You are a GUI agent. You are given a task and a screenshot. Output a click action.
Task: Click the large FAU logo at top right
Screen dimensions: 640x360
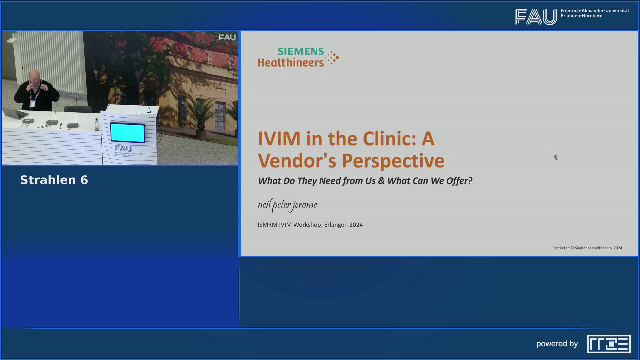(535, 17)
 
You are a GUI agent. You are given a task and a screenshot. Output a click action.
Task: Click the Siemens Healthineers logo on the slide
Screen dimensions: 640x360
(298, 57)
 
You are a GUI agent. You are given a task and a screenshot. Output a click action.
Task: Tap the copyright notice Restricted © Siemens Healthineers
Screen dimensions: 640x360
(587, 248)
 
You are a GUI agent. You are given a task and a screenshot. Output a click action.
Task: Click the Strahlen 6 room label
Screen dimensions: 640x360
(54, 180)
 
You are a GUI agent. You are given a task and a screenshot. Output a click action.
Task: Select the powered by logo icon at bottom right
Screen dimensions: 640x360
(609, 344)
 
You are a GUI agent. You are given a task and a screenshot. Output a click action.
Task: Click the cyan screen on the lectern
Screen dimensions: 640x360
(128, 132)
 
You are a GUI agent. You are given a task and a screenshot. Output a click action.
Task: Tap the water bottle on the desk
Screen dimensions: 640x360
(97, 125)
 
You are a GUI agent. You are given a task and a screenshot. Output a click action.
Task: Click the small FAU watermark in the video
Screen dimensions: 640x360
(227, 37)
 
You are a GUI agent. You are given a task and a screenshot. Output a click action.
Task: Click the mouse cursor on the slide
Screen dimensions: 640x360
(556, 157)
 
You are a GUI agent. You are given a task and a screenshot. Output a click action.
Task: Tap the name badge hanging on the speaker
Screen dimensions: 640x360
(32, 104)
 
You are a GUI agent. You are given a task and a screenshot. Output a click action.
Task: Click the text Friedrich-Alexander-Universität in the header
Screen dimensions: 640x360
(595, 11)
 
